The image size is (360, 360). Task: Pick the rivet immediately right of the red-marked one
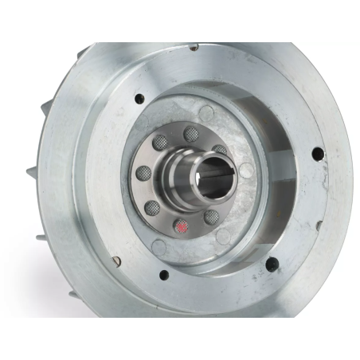[212, 216]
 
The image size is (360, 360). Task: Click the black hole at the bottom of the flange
[165, 276]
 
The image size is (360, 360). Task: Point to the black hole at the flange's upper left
[140, 99]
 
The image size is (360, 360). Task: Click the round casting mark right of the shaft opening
[247, 170]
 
